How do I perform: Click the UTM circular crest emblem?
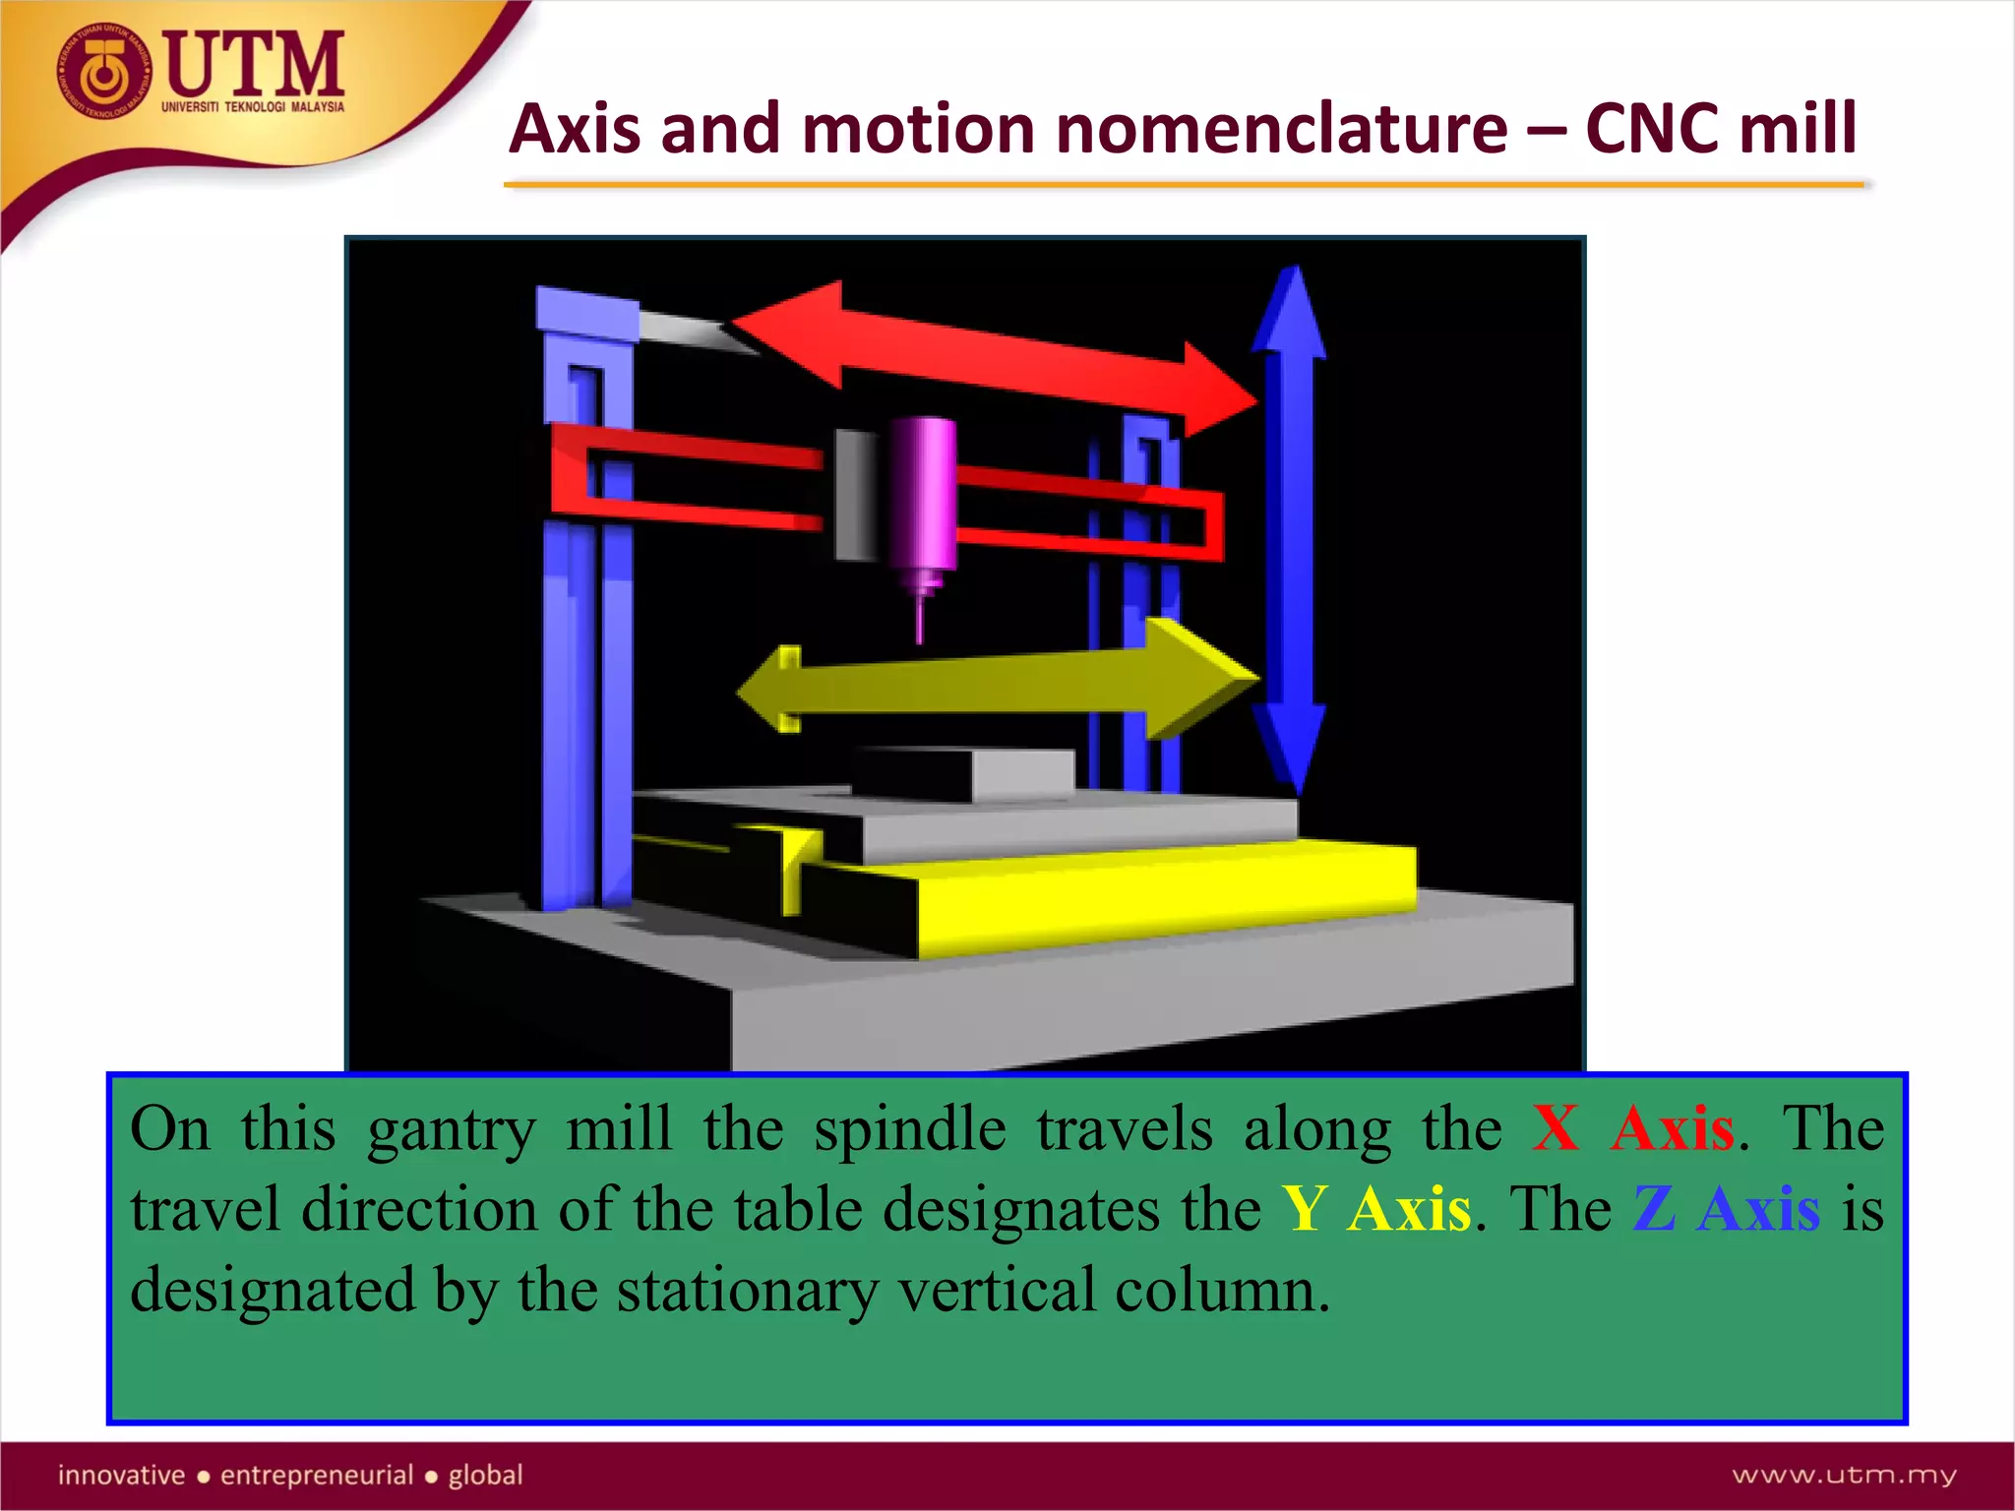tap(104, 73)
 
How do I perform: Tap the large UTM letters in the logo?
tap(254, 63)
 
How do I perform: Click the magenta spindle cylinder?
tap(923, 492)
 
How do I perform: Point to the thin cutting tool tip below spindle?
tap(921, 620)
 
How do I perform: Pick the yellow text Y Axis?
tap(1375, 1209)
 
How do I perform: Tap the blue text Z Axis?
tap(1726, 1209)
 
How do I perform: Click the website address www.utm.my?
tap(1844, 1475)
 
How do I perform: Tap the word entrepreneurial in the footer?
tap(317, 1475)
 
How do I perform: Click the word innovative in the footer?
tap(121, 1475)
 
